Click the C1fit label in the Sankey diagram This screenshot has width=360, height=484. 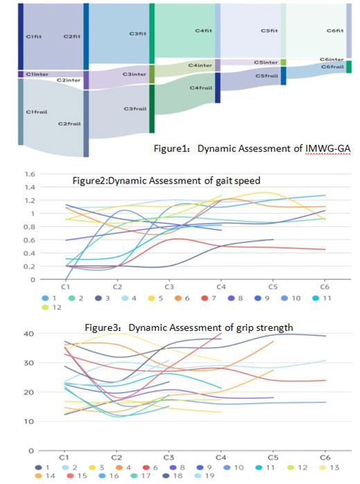pyautogui.click(x=35, y=36)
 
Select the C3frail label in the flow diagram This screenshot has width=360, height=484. pyautogui.click(x=135, y=109)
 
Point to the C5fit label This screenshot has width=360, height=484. pyautogui.click(x=269, y=31)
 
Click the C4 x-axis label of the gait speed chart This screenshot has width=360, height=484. pyautogui.click(x=220, y=285)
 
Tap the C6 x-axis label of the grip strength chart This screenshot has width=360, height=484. pyautogui.click(x=325, y=458)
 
